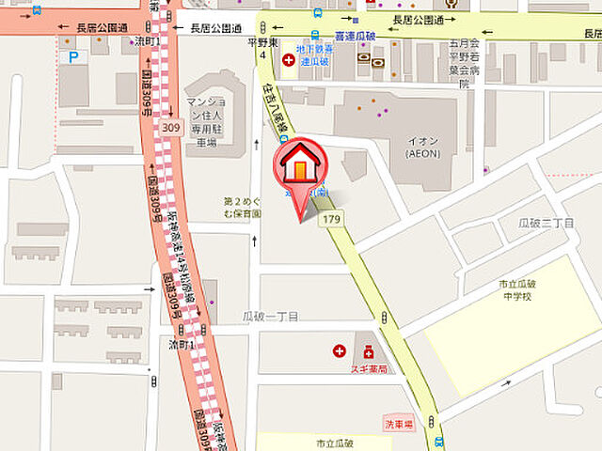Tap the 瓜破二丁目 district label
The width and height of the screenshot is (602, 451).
pos(547,223)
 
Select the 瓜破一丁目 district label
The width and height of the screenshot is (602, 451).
pos(270,317)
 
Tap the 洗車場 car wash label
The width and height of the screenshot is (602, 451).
pos(398,423)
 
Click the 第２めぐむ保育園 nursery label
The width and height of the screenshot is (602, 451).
pos(242,207)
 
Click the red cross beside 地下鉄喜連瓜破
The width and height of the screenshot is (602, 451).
pos(287,60)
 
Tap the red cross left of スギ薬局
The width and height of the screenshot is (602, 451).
pos(340,351)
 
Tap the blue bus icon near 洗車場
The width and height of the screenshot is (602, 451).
pos(438,442)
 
